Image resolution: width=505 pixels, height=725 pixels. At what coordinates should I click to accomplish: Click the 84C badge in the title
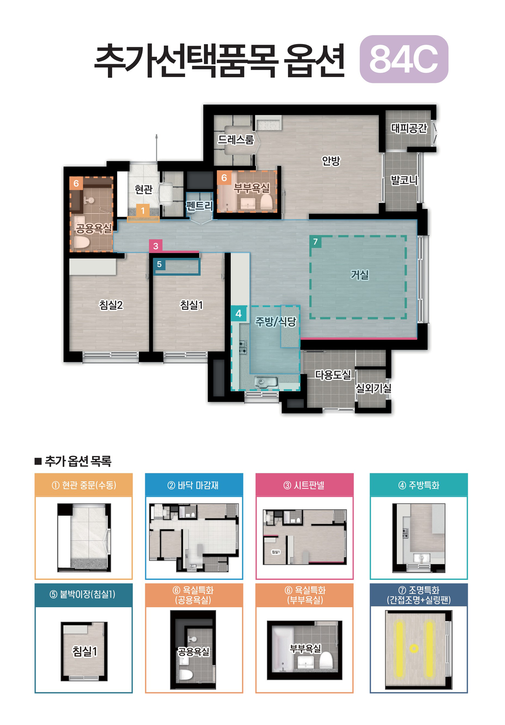coord(404,59)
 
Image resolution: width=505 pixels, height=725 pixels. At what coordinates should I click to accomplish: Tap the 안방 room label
coord(330,161)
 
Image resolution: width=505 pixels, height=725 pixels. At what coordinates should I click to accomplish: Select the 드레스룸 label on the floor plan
coord(236,139)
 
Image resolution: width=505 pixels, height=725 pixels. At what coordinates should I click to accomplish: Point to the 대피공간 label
coord(409,128)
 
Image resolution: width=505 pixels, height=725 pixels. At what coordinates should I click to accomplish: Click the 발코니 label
coord(404,180)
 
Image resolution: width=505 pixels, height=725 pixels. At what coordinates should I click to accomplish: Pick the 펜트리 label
coord(199,206)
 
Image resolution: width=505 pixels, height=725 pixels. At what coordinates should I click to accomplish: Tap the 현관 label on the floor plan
coord(144,189)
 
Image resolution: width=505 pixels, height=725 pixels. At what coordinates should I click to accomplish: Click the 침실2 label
coord(111,305)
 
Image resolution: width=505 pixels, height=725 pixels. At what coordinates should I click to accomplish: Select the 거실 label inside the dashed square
coord(360,274)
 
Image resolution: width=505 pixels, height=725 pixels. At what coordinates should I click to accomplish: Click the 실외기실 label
coord(373,388)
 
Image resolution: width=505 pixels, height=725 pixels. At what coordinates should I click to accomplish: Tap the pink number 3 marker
coord(156,246)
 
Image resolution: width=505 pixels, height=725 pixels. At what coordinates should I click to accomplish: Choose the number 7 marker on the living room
coord(315,241)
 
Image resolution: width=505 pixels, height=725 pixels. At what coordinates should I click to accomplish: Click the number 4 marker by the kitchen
coord(238,313)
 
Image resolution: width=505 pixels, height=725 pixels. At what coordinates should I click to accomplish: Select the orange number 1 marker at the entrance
coord(143,210)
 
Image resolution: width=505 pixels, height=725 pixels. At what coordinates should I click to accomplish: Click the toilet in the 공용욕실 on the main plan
coord(81,242)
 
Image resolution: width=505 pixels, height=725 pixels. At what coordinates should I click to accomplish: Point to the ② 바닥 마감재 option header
coord(194,485)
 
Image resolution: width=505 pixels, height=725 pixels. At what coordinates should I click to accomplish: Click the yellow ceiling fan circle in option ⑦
coord(414,649)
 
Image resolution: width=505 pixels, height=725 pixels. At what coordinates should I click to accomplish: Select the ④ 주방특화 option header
coord(418,485)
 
